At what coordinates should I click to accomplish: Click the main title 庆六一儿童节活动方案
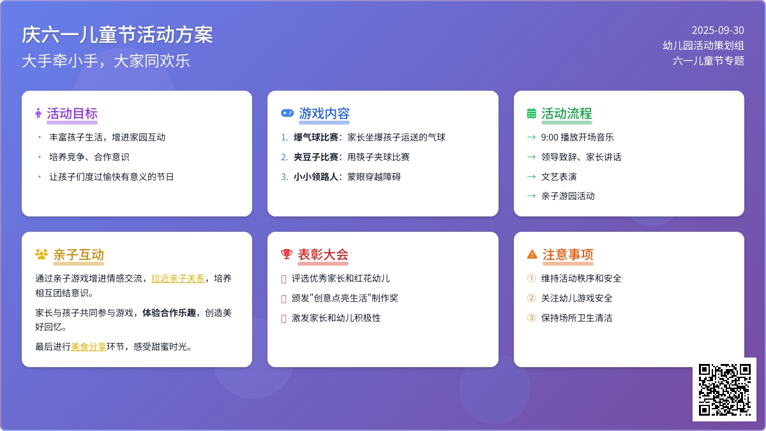[117, 35]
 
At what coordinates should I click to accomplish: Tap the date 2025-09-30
[717, 31]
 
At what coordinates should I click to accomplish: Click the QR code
[725, 389]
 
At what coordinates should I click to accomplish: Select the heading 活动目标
[72, 114]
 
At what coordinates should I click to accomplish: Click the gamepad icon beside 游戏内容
[287, 113]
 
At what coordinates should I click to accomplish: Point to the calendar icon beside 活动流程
[531, 113]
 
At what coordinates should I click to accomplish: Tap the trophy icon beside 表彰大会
[287, 254]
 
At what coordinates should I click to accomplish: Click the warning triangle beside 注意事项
[532, 254]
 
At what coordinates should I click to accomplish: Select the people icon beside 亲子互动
[41, 254]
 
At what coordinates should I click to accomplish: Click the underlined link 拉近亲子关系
[178, 278]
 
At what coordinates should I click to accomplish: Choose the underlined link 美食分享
[89, 347]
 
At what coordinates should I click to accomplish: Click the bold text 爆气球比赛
[315, 137]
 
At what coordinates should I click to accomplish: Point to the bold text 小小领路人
[315, 177]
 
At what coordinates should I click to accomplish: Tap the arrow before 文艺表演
[531, 177]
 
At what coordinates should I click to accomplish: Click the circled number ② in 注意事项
[531, 298]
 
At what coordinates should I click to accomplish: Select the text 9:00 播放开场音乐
[577, 137]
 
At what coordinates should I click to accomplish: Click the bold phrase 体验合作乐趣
[169, 313]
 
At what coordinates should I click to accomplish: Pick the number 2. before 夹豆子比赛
[285, 157]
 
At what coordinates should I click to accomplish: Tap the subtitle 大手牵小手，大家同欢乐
[106, 61]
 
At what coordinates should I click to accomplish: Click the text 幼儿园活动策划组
[703, 45]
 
